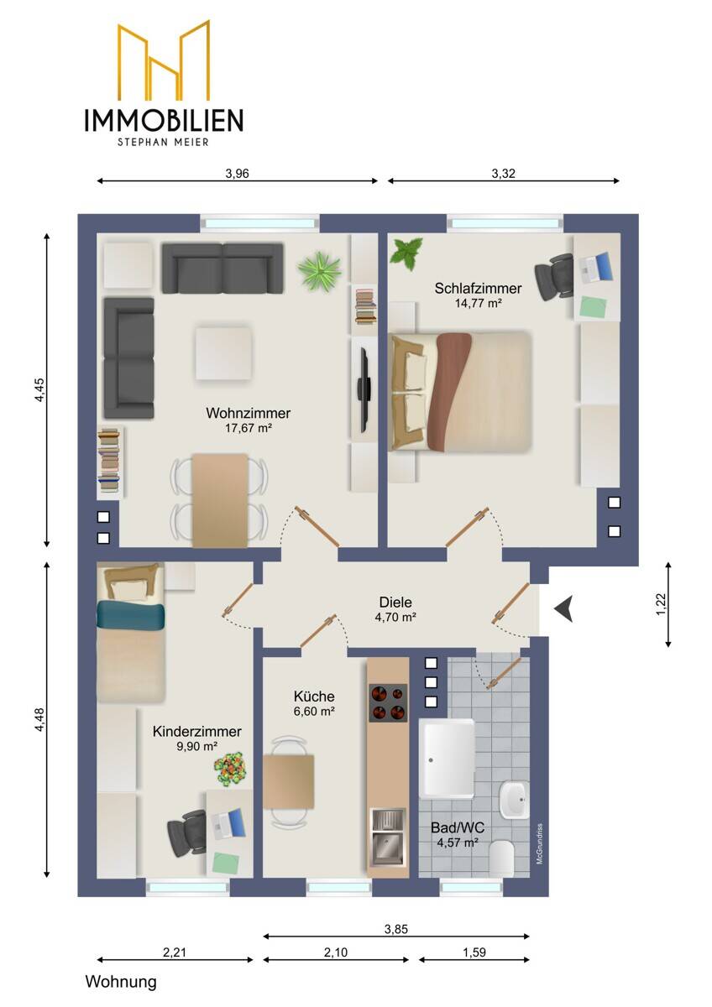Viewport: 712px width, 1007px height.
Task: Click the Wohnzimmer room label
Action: pos(248,413)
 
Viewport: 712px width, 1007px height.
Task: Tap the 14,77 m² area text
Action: pos(478,303)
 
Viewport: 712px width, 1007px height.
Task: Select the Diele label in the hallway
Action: pos(395,602)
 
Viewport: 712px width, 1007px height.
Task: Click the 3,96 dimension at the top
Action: pos(237,174)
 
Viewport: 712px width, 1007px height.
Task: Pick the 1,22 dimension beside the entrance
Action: pos(661,604)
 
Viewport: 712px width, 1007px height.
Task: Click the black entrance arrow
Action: pos(563,609)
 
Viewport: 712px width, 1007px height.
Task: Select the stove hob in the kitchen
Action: pos(388,702)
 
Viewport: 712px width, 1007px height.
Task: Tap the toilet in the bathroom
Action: pos(501,858)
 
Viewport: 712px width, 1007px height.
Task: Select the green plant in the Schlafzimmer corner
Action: pos(406,253)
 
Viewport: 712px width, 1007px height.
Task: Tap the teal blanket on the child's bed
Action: pos(130,615)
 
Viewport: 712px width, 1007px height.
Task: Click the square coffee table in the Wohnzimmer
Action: pos(223,353)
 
